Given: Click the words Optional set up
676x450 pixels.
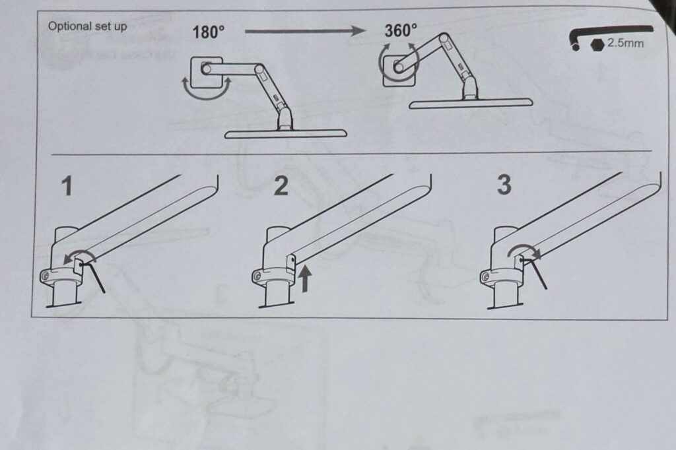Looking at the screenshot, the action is point(88,26).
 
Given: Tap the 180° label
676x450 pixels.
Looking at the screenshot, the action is point(208,32).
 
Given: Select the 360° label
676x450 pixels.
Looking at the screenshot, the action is point(401,30).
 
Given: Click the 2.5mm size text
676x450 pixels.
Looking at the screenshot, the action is point(625,43).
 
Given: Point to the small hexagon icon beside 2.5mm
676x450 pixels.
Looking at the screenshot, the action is point(597,44).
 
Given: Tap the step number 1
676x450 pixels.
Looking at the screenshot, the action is point(67,186).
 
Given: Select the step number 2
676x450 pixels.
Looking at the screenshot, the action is point(281,186).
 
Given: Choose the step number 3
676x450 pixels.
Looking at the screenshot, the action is point(504,185).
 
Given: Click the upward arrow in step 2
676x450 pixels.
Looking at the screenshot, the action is point(305,278).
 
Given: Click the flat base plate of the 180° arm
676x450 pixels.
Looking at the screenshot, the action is point(285,134).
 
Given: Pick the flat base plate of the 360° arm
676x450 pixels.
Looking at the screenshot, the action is point(471,103).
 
